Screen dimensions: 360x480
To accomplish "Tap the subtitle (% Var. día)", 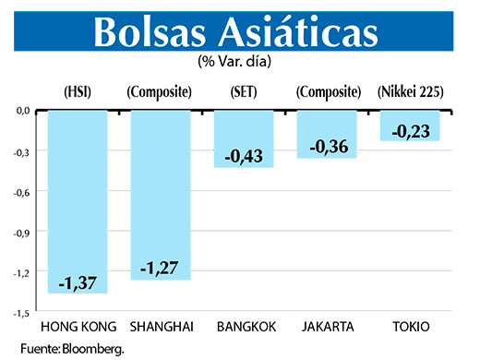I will click(x=238, y=63).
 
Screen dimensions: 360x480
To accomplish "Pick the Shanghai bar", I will click(x=162, y=185).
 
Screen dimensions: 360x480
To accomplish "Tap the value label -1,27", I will click(x=161, y=268).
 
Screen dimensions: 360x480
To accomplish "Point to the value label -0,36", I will click(x=327, y=147).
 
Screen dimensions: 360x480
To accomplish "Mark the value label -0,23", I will click(x=410, y=132).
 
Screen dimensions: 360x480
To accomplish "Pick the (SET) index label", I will click(x=244, y=91).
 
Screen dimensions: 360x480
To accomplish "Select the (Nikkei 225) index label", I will click(x=412, y=91).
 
